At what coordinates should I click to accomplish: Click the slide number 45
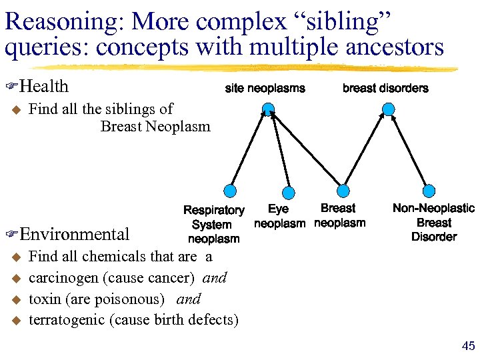(468, 345)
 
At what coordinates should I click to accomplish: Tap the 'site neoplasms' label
(265, 88)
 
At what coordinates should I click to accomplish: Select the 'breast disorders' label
(385, 88)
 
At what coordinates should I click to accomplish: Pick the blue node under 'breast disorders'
(389, 108)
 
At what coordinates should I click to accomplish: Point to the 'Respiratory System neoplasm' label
(213, 225)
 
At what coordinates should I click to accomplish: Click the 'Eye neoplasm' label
(279, 217)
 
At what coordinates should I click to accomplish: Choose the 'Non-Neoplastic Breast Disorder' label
(433, 223)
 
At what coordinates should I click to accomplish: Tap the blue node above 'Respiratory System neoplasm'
(231, 189)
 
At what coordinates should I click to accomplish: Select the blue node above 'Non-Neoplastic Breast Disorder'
(430, 190)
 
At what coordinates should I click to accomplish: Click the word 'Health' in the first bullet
(44, 86)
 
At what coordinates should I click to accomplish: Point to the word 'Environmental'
(75, 234)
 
